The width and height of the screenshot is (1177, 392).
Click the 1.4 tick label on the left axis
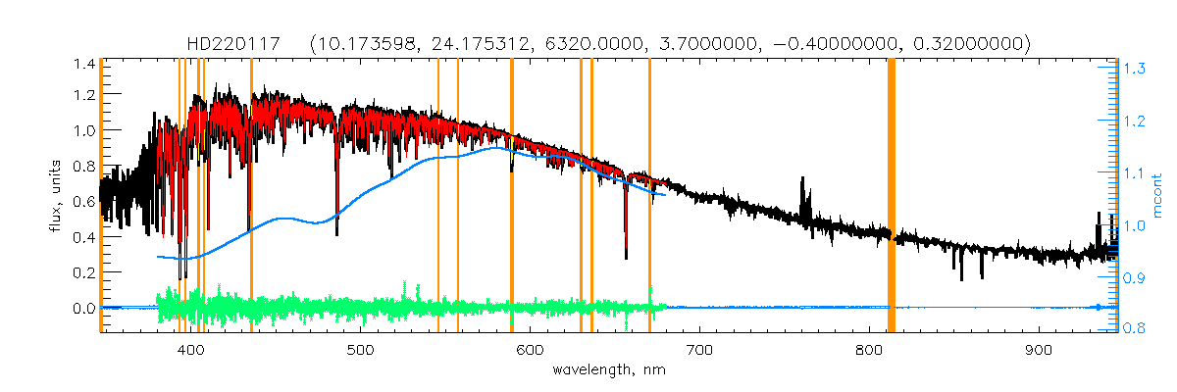(82, 64)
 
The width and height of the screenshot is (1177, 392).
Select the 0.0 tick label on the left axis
(82, 308)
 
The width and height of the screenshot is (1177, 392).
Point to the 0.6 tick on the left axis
(82, 202)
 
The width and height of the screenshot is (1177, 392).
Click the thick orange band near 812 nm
(892, 196)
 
